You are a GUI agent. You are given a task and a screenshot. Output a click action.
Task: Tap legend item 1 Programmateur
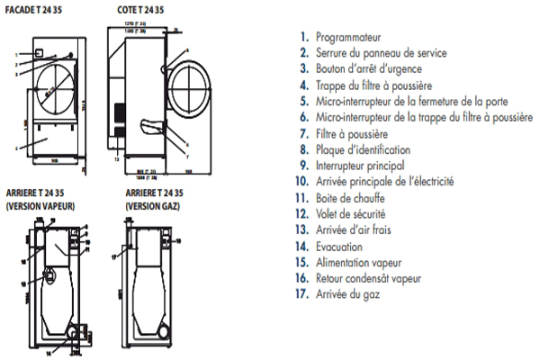coord(347,38)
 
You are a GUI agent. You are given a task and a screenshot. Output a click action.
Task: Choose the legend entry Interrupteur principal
coord(360,165)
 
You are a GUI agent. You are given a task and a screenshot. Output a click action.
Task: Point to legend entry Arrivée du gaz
coord(351,294)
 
